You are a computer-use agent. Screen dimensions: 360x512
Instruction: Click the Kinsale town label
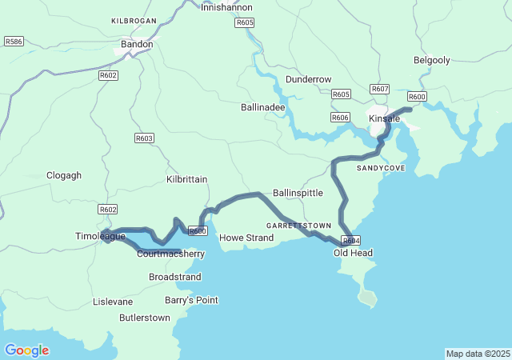point(383,119)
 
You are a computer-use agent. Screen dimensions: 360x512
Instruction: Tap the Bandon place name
point(136,45)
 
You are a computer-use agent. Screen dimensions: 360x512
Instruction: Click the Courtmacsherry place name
point(170,254)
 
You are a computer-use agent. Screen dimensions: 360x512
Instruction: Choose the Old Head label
point(353,253)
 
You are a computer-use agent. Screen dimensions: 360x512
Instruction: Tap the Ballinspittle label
point(298,194)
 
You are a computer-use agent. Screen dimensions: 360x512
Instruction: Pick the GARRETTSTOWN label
point(298,226)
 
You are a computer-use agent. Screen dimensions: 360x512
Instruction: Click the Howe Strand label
point(246,238)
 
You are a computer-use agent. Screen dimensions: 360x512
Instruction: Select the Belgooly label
point(432,60)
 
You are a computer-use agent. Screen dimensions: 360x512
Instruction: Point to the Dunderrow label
point(309,79)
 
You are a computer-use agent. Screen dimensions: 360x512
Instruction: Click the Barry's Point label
point(191,300)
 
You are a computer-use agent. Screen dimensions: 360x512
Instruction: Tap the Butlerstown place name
point(144,318)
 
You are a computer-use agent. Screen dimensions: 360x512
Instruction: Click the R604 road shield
point(350,241)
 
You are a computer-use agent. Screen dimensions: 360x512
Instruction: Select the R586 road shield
point(14,40)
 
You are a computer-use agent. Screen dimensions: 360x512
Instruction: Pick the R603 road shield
point(144,138)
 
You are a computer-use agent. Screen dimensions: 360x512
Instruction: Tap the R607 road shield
point(380,89)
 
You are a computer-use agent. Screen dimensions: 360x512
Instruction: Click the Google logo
point(26,350)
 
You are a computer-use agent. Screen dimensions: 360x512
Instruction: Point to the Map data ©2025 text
point(478,354)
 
